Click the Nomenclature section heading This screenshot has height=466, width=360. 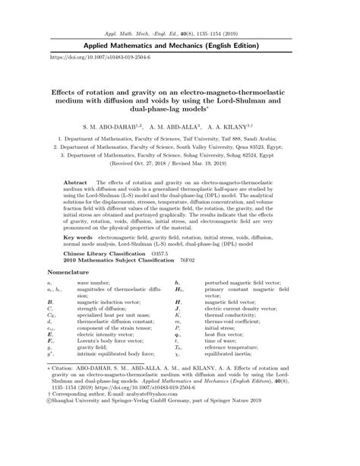point(69,271)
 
